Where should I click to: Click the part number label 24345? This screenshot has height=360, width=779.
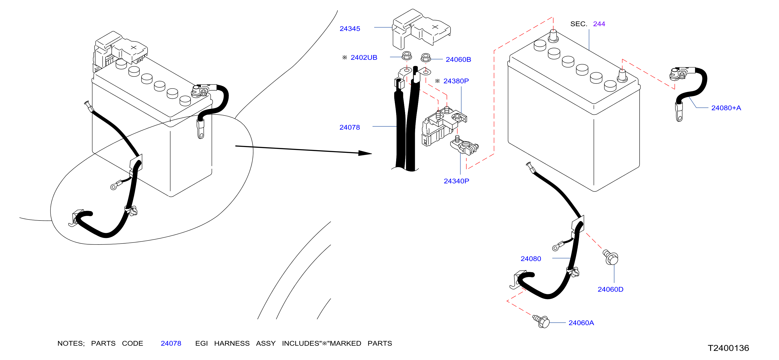[x=350, y=29]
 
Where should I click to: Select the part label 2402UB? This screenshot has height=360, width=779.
[x=364, y=57]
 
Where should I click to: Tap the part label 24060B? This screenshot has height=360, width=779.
[x=458, y=59]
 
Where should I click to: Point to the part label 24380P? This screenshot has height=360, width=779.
[x=456, y=81]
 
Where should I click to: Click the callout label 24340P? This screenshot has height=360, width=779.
[x=456, y=181]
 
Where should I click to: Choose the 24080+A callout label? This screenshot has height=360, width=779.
[x=726, y=108]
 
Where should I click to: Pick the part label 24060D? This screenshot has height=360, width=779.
[x=611, y=289]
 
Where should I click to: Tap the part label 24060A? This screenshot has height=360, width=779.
[x=581, y=323]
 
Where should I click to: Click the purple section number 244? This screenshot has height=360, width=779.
[x=599, y=24]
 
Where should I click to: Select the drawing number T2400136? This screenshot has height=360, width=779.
[x=728, y=348]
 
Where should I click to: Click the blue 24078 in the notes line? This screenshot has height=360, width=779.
[x=171, y=343]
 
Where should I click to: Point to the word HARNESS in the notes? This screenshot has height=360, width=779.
[x=232, y=343]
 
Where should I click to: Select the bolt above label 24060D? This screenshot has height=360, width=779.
[x=611, y=257]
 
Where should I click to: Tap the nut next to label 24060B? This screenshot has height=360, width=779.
[x=426, y=57]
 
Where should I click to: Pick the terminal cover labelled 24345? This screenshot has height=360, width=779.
[x=421, y=29]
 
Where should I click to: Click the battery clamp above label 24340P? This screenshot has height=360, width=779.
[x=464, y=146]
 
